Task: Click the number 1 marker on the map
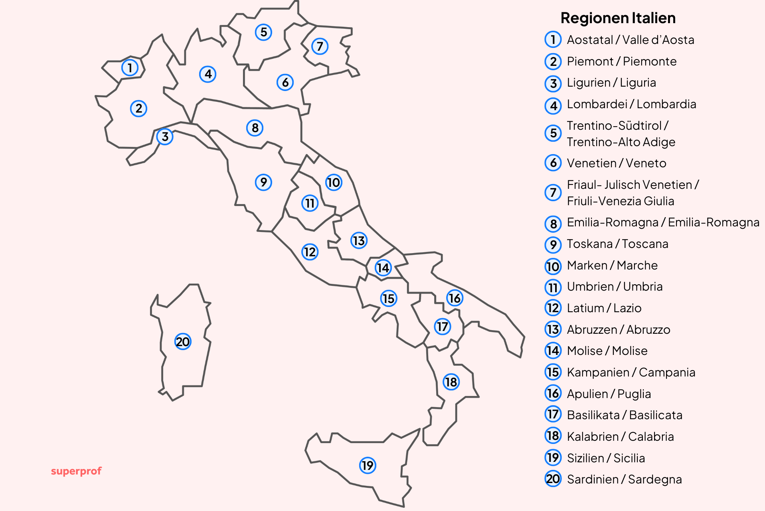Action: coord(130,68)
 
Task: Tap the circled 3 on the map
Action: coord(165,137)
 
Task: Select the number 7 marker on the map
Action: coord(320,46)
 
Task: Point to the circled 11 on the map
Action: coord(310,203)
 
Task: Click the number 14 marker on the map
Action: coord(383,267)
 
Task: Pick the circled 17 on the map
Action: coord(442,327)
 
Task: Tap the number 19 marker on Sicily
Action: coord(368,465)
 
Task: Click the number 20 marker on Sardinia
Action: coord(183,342)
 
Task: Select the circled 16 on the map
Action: coord(455,298)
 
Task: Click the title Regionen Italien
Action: coord(618,18)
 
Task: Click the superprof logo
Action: coord(76,471)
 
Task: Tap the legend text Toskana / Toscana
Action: coord(617,244)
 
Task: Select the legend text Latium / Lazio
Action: coord(604,308)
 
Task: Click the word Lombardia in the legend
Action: coord(666,104)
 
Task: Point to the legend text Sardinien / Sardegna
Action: coord(624,479)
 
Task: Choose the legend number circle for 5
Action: coord(553,133)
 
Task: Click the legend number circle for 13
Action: coord(553,330)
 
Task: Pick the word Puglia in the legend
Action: coord(634,394)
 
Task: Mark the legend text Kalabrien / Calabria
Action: coord(620,437)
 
